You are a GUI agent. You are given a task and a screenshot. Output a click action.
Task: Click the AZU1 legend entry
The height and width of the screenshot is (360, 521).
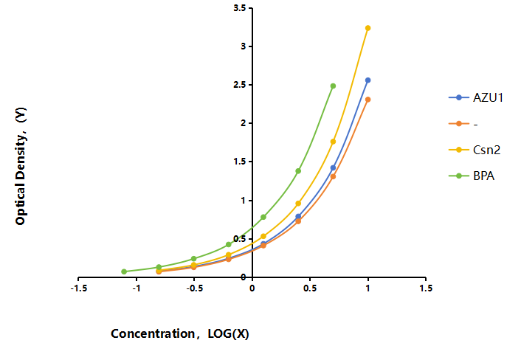point(476,97)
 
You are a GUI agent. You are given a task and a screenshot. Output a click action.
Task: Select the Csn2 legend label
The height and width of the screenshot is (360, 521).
point(486,150)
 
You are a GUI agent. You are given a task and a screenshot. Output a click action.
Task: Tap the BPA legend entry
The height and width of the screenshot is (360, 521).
point(472,176)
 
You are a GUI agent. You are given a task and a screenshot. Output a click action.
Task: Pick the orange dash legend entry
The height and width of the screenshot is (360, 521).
point(463,124)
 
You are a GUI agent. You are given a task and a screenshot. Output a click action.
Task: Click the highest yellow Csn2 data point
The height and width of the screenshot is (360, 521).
point(368,28)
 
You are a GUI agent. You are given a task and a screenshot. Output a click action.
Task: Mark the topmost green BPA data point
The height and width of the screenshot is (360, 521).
point(333,86)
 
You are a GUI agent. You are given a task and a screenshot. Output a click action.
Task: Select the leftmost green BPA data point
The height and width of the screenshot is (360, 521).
point(124,271)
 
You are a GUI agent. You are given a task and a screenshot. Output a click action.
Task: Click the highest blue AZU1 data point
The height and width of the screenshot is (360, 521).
point(368,80)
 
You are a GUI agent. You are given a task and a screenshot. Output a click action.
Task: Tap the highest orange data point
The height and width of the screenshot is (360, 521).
point(368,100)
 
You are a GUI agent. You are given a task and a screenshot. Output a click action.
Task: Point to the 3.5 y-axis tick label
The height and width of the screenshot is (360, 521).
point(240,8)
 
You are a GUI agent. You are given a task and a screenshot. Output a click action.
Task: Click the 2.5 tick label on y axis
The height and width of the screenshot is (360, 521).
point(240,85)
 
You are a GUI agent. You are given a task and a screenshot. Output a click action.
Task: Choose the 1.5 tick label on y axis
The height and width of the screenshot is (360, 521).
point(240,162)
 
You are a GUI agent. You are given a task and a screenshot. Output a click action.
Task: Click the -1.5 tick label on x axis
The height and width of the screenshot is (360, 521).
point(79,288)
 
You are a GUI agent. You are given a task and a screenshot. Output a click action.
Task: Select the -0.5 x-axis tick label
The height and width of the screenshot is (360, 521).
point(194,288)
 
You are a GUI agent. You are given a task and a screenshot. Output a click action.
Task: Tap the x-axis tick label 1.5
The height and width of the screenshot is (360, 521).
point(426,288)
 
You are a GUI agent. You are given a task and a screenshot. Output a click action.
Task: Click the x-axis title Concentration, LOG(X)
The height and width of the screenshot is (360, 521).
point(180,333)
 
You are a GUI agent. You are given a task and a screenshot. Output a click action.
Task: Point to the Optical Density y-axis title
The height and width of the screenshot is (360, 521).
point(21,166)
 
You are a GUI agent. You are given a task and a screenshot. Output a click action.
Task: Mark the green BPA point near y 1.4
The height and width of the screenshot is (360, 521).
point(298,171)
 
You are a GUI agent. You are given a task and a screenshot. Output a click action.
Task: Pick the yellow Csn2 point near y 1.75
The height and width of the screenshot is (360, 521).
point(333,142)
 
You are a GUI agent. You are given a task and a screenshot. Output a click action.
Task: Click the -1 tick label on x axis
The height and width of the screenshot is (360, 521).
point(137,288)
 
